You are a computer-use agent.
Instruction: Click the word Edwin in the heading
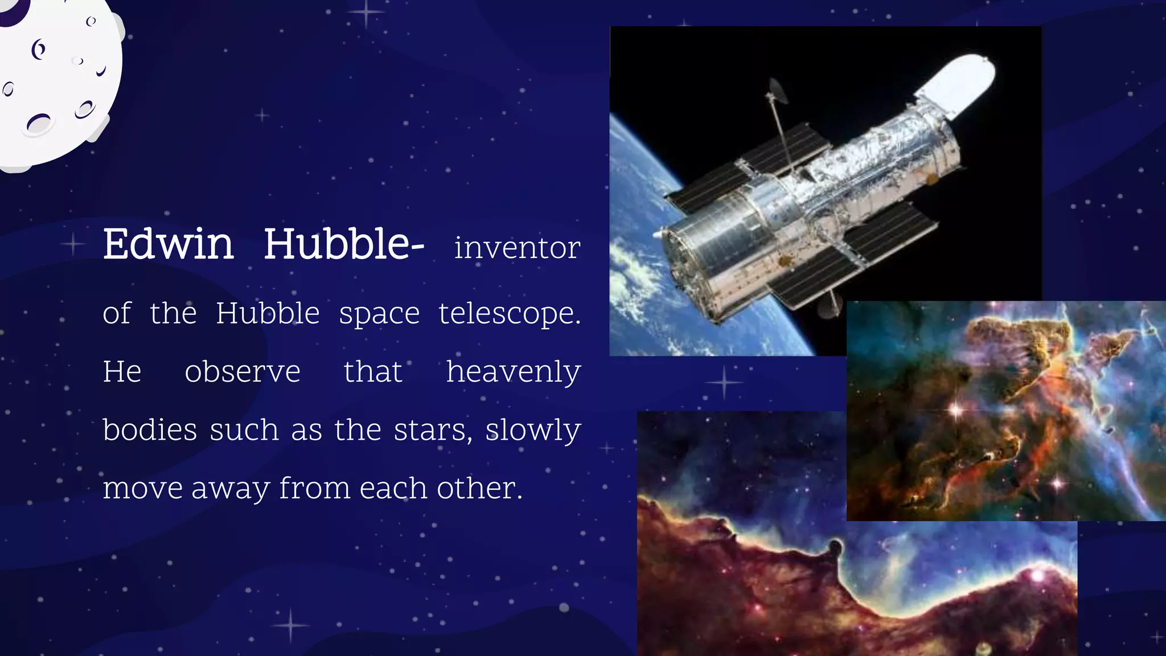[168, 244]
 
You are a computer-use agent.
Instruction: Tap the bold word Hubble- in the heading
[343, 244]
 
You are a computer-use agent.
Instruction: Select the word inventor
[517, 248]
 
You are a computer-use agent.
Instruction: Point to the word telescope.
[509, 314]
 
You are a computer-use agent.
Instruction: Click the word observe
[243, 372]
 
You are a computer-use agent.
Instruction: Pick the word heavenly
[513, 372]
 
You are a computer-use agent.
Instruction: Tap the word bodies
[150, 430]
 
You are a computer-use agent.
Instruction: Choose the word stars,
[433, 430]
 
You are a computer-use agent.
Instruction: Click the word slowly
[533, 430]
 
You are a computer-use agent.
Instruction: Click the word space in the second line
[379, 314]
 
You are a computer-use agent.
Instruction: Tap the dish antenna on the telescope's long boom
[777, 91]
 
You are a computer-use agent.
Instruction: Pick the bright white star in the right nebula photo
[956, 409]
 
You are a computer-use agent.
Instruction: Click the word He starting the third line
[122, 372]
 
